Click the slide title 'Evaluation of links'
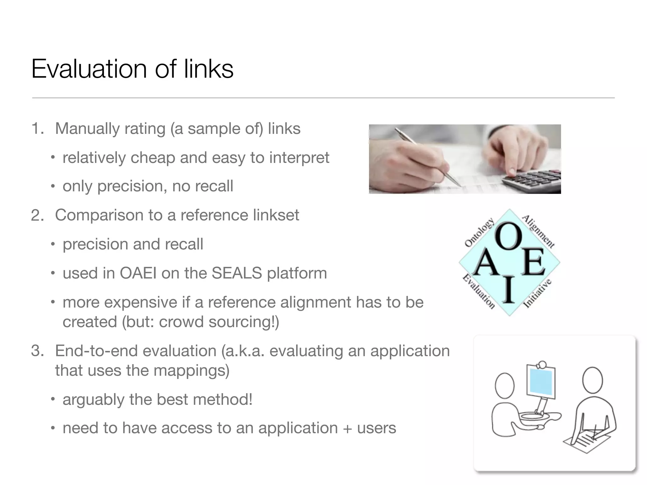click(x=132, y=69)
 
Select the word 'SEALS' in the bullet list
click(x=237, y=273)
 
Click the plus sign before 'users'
click(x=348, y=428)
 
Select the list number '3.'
click(x=38, y=351)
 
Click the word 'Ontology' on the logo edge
click(x=479, y=233)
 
